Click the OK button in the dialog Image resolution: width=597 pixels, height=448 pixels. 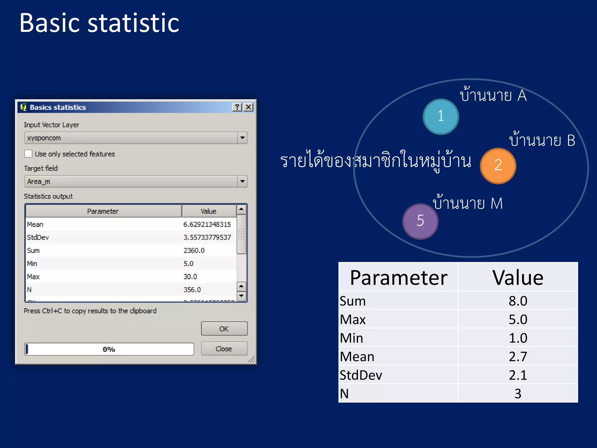click(224, 329)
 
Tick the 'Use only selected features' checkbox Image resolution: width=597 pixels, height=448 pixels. click(29, 154)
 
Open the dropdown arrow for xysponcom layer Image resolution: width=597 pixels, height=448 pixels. click(242, 138)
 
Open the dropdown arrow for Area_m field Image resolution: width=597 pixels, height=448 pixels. click(242, 181)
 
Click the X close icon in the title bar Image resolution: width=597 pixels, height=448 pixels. click(248, 107)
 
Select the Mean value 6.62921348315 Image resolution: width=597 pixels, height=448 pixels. click(207, 224)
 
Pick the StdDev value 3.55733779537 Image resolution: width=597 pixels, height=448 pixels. click(207, 237)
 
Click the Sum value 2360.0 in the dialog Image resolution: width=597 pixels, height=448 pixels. click(194, 251)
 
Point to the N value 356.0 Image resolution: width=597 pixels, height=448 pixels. click(192, 290)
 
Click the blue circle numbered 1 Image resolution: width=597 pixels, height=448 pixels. click(441, 117)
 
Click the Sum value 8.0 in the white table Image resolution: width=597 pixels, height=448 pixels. click(518, 301)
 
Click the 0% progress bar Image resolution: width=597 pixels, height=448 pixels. click(109, 349)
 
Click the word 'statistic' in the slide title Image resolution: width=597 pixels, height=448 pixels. click(133, 23)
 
